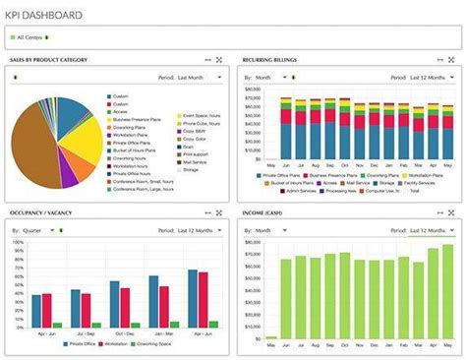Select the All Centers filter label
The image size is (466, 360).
click(29, 37)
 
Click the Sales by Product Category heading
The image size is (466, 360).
click(48, 60)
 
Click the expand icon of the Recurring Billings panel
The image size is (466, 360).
click(452, 60)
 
